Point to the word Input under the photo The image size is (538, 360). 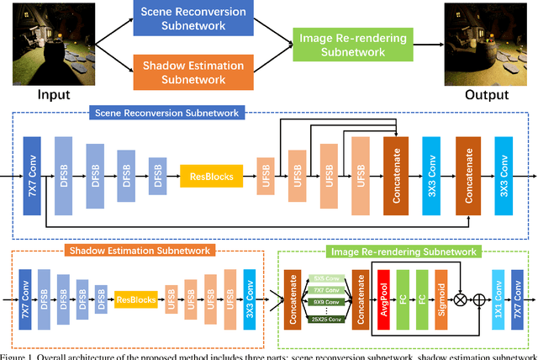coord(42,93)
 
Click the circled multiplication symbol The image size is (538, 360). coord(458,299)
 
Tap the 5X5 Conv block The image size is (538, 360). coord(327,278)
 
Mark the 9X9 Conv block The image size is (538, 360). coord(327,301)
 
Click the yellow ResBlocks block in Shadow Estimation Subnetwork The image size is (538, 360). coord(135,299)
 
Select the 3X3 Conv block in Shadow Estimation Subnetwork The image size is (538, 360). coord(250,299)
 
